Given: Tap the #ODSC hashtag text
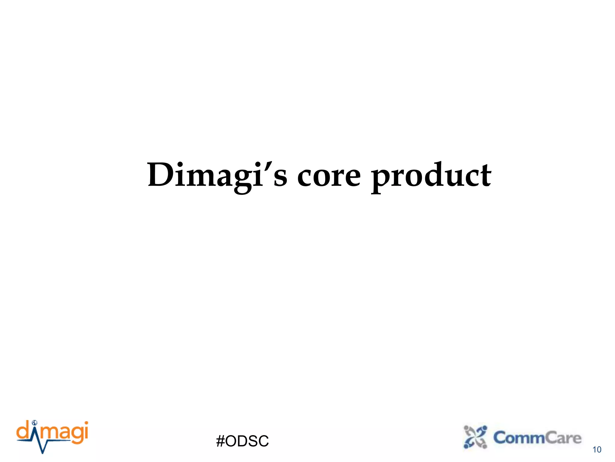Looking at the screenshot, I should coord(242,441).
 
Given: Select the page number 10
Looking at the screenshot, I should coord(597,450).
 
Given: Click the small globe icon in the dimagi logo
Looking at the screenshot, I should coord(35,423).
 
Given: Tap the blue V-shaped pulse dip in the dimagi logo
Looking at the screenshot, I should coord(43,447).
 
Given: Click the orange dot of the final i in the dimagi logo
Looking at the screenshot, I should coord(86,423).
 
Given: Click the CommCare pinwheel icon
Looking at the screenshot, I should coord(475,437).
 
